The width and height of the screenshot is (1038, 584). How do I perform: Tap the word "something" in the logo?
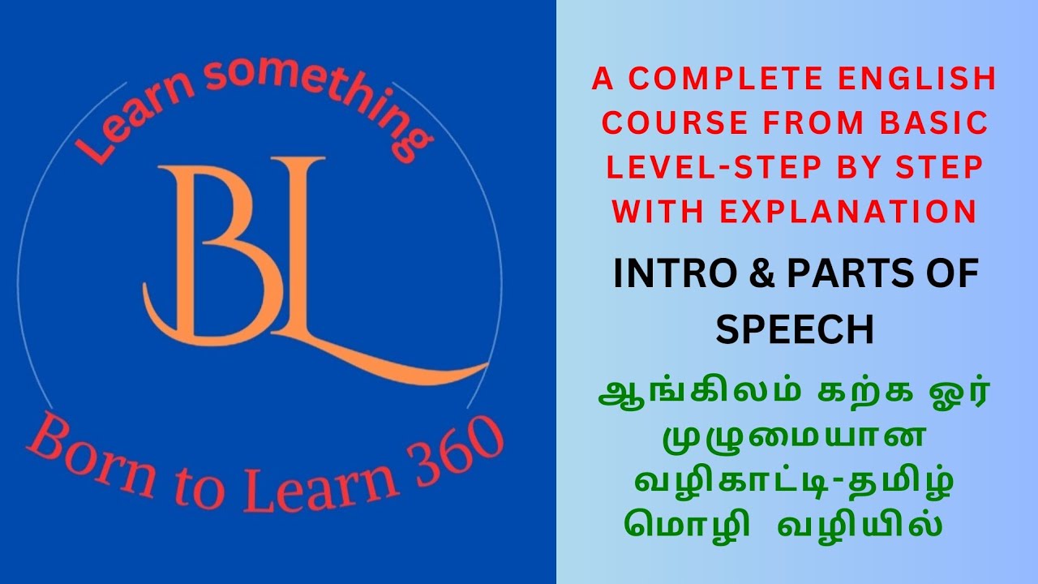tap(324, 97)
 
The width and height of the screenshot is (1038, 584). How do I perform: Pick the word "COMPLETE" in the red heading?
tap(714, 79)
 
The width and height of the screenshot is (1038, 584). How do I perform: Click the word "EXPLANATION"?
tap(847, 212)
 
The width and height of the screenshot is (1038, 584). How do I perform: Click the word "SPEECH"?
tap(795, 330)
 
